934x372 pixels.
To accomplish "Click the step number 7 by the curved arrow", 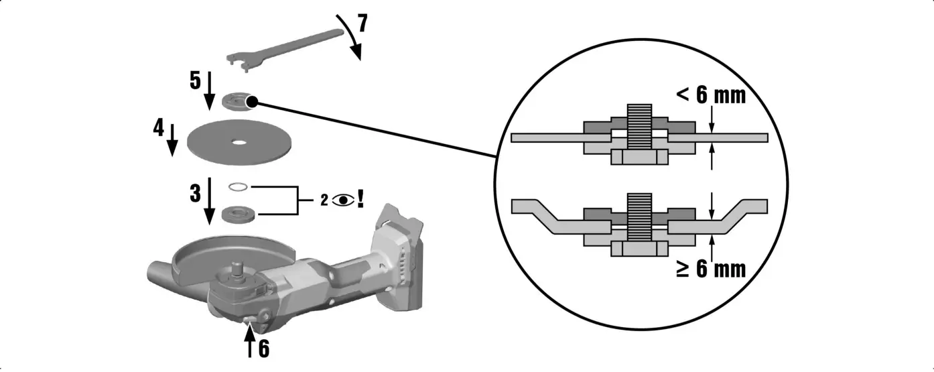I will coord(362,24).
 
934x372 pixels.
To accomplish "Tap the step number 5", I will coord(195,81).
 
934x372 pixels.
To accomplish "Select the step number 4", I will coord(159,127).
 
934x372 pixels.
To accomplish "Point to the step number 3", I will coord(195,194).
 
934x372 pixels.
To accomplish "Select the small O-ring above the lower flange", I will coord(239,187).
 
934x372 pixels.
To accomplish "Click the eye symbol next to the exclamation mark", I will coord(343,200).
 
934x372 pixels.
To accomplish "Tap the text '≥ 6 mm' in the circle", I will coord(710,269).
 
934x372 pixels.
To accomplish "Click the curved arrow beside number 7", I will coord(353,37).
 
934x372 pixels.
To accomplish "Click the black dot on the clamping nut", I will coord(253,102).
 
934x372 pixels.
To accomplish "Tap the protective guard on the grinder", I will coord(208,258).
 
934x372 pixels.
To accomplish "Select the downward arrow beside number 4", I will coord(172,139).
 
